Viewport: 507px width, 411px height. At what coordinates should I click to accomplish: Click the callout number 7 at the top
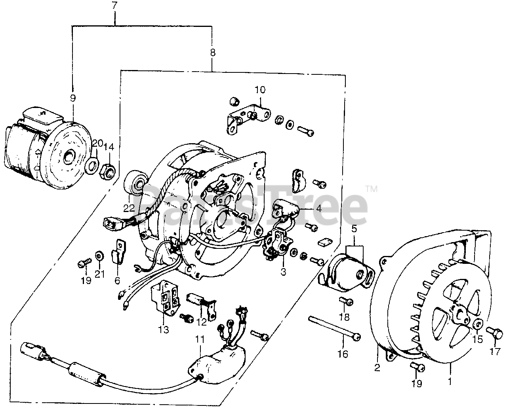click(115, 5)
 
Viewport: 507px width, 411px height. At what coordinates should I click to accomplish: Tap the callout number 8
click(213, 52)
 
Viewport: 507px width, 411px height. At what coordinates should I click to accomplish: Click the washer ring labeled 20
click(92, 164)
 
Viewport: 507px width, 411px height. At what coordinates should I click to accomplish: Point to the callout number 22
click(129, 208)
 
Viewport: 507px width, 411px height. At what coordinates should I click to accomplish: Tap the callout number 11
click(200, 340)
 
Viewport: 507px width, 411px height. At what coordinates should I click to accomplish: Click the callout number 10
click(260, 90)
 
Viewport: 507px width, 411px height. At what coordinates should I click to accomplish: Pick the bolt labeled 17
click(494, 333)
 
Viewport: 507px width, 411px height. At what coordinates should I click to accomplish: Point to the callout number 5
click(354, 229)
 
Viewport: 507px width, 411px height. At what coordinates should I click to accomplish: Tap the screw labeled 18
click(346, 301)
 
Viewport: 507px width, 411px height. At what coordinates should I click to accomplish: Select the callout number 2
click(377, 368)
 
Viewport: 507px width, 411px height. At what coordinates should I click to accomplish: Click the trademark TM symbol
click(371, 189)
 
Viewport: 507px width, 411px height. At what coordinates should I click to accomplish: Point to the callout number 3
click(283, 272)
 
